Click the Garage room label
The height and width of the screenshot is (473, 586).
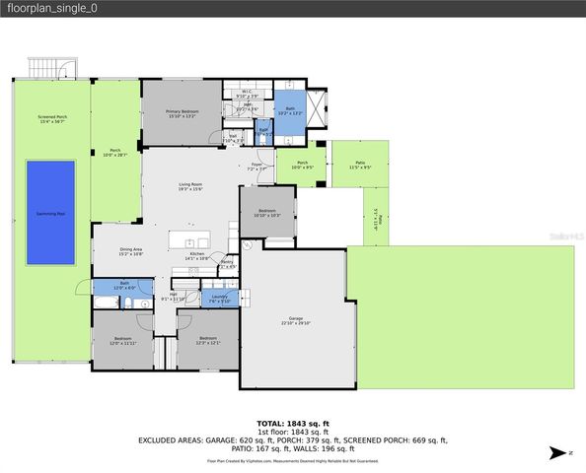point(295,320)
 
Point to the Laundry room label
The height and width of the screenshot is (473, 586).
point(219,300)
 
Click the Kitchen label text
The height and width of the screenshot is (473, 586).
point(197,256)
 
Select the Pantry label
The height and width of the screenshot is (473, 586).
point(227,264)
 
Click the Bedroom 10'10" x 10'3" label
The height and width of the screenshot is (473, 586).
point(267,212)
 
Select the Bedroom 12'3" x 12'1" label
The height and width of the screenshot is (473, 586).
point(206,341)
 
